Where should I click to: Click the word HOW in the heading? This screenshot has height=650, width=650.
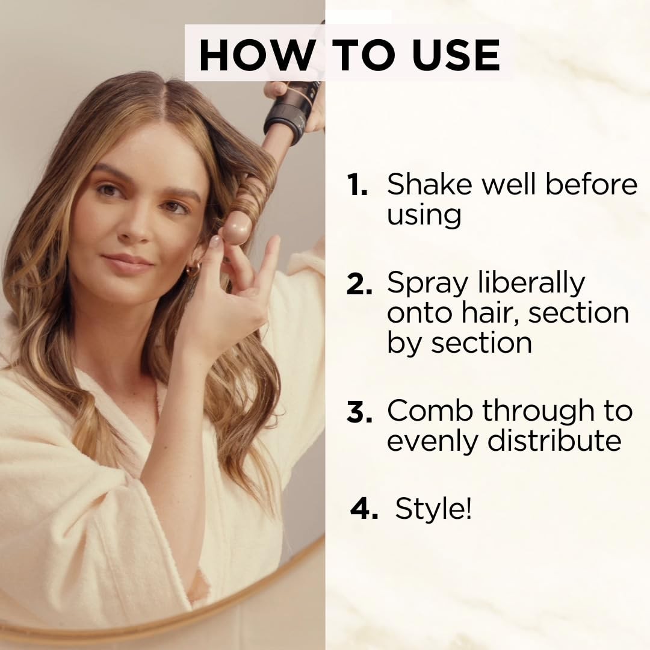[256, 55]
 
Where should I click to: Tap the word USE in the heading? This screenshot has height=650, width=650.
[456, 55]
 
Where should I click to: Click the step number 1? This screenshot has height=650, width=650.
[357, 185]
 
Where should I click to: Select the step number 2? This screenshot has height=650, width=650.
[359, 284]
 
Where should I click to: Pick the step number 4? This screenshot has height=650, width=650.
[364, 509]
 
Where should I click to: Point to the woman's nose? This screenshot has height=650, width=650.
[133, 227]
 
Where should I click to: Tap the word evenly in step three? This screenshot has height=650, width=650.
[433, 441]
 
